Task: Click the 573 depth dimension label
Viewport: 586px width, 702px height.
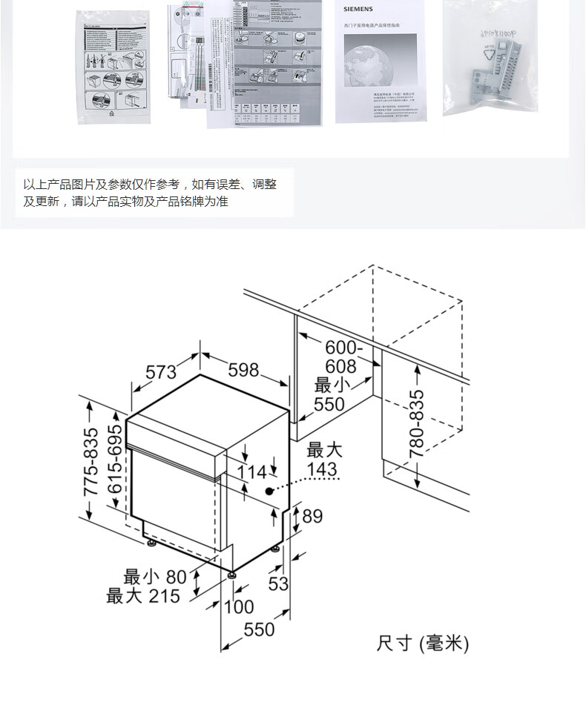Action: [160, 372]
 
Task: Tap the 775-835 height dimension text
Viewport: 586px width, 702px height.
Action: [90, 462]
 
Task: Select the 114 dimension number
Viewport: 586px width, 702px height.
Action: [251, 472]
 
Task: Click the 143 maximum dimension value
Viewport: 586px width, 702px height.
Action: [321, 469]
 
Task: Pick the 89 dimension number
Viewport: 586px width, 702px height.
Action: [312, 516]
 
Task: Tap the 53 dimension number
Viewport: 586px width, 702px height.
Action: [278, 583]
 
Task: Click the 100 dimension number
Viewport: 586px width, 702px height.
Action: [238, 607]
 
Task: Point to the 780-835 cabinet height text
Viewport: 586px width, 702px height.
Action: [417, 423]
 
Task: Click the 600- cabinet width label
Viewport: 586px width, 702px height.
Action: [344, 347]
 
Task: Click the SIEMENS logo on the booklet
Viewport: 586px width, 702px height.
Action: [361, 8]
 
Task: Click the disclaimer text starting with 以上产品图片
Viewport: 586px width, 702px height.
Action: [151, 193]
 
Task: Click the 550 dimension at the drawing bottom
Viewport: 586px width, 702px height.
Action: [260, 629]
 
